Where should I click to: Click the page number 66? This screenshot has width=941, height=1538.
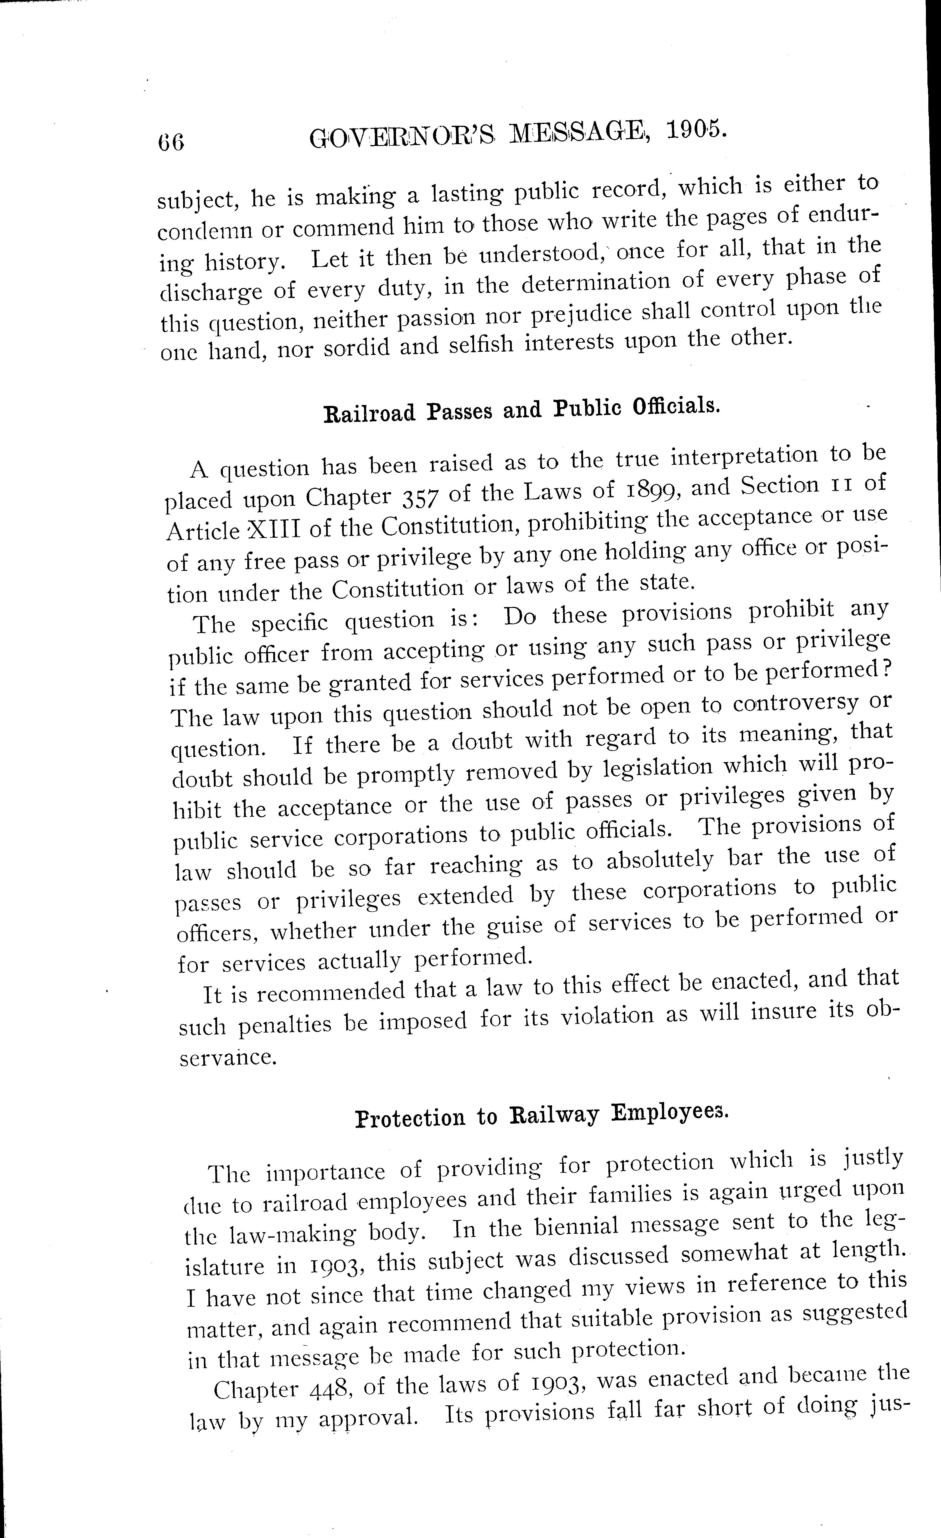171,142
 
